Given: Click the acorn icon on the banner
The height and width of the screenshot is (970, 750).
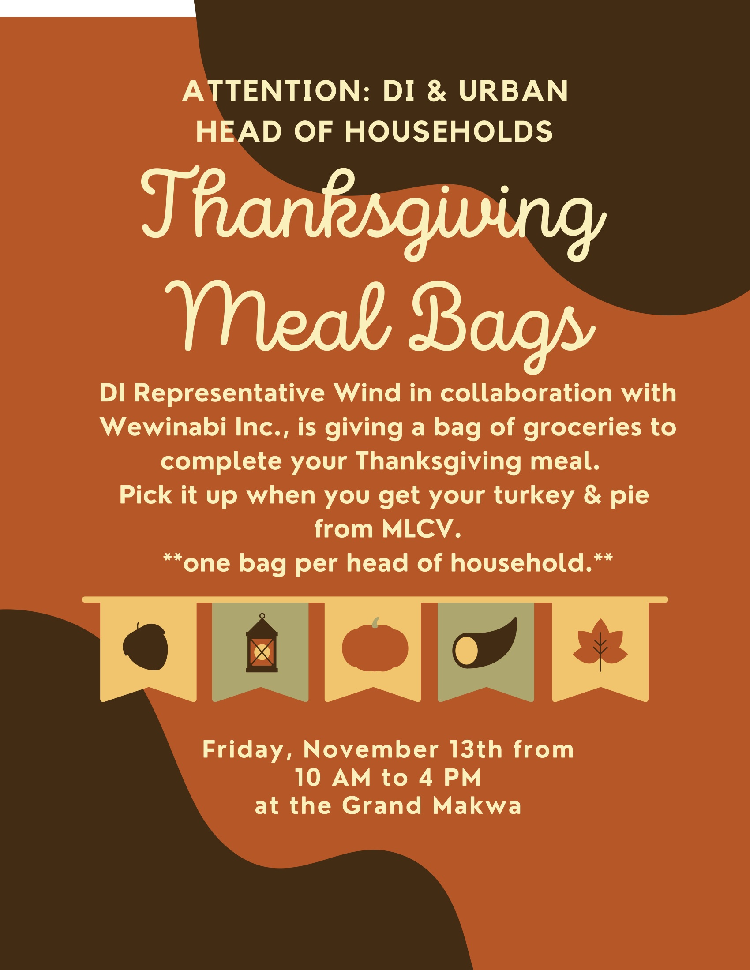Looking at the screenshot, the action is pos(145,647).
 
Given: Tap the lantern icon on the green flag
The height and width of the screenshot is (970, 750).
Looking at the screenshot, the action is pos(262,643).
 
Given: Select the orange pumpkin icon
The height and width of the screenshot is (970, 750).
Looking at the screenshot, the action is pos(375,645).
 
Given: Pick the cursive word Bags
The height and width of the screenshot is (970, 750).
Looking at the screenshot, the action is pos(502,326).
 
